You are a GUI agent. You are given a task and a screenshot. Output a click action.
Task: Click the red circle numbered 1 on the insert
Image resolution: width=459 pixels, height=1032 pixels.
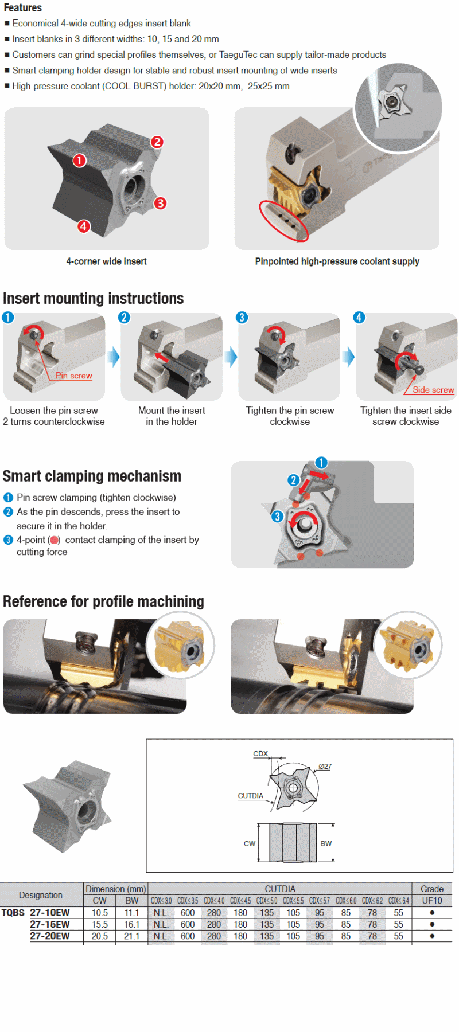(x=79, y=161)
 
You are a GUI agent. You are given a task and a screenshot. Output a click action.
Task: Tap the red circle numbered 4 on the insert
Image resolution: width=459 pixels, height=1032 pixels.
(x=84, y=226)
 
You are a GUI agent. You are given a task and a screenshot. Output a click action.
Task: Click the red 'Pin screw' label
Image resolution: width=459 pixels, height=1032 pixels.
(x=73, y=376)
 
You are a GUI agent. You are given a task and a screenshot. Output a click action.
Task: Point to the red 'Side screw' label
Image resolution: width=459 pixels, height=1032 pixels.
(x=433, y=390)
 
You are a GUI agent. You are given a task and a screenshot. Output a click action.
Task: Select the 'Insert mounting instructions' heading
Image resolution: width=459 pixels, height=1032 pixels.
(x=93, y=299)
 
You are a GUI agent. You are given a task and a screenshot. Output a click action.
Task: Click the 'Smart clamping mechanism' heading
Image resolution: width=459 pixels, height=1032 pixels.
(x=92, y=476)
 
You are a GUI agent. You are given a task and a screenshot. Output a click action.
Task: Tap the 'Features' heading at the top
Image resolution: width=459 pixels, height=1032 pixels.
(x=22, y=7)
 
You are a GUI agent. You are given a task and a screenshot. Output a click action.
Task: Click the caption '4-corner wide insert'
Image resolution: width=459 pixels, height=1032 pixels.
(x=106, y=261)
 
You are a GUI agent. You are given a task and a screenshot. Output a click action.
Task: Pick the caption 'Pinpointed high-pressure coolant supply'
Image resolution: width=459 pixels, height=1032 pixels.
(x=337, y=261)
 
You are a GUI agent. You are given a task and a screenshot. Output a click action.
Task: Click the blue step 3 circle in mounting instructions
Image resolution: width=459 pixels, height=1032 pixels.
(x=242, y=318)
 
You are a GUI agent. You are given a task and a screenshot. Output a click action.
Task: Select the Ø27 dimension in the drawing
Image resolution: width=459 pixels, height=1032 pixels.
(x=325, y=767)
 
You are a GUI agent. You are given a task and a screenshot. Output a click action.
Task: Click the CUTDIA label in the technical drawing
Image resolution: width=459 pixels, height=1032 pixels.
(x=250, y=796)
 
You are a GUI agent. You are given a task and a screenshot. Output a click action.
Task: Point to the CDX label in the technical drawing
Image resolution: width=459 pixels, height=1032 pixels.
(x=260, y=754)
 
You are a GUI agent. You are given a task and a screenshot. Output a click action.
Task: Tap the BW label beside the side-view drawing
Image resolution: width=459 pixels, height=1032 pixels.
(x=326, y=843)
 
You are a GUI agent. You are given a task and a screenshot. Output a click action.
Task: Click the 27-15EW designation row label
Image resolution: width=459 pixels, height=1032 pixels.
(x=50, y=924)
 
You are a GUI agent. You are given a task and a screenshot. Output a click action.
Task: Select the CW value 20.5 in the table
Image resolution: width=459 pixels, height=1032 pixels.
(x=100, y=936)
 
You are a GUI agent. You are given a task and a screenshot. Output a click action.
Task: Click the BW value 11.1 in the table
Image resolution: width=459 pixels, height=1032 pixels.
(x=132, y=913)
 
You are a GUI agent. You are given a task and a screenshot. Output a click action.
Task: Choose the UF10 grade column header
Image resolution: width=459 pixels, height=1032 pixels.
(x=432, y=901)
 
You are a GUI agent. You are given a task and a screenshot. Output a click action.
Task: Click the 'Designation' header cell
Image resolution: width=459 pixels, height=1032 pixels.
(x=41, y=895)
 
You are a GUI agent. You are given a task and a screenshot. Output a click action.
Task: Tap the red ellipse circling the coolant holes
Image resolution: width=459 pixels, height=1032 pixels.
(x=283, y=220)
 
